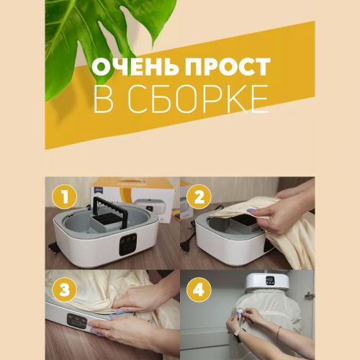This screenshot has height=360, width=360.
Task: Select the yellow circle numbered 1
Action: click(x=65, y=197)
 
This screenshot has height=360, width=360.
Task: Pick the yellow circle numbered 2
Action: click(x=199, y=197)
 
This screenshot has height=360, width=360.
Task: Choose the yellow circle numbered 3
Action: click(x=65, y=289)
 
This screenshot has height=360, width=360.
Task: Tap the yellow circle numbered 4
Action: click(x=199, y=289)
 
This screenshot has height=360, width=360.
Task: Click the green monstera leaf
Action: click(x=101, y=36)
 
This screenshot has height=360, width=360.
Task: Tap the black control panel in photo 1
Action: click(x=127, y=245)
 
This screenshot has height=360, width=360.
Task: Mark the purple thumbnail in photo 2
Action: click(x=251, y=211)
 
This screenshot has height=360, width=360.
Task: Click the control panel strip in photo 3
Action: click(x=77, y=321)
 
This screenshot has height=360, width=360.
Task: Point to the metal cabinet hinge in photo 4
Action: click(x=310, y=295)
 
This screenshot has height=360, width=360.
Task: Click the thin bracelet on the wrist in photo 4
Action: click(x=279, y=332)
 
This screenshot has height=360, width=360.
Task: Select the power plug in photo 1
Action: click(x=52, y=246)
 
